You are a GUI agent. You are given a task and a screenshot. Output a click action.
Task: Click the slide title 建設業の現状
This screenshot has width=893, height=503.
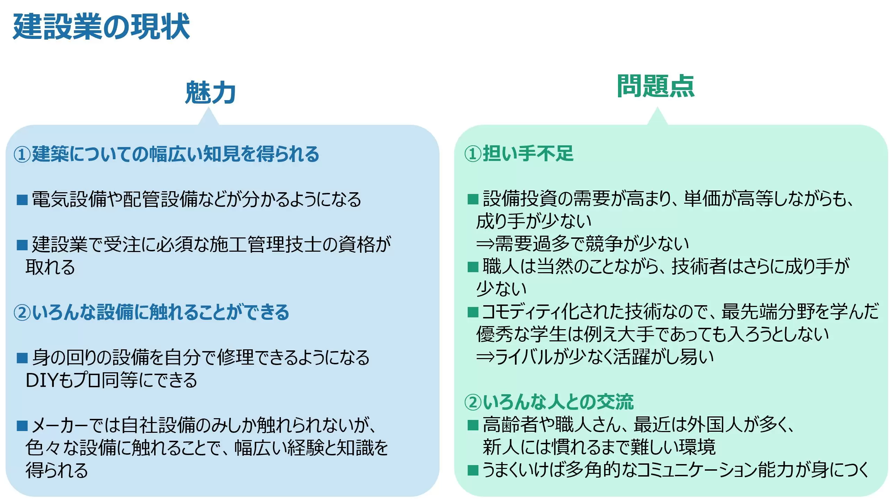coord(101,27)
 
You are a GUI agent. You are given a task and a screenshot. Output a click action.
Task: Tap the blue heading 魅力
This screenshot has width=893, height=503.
coord(210,92)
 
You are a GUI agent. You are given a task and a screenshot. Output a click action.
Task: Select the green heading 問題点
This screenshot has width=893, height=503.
coord(656,86)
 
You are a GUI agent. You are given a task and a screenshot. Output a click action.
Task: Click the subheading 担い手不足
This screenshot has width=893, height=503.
coord(528,153)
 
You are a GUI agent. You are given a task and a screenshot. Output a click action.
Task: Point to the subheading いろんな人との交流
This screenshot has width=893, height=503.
coord(558,402)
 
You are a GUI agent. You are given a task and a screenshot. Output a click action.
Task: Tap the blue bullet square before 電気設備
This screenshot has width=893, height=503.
coord(22,200)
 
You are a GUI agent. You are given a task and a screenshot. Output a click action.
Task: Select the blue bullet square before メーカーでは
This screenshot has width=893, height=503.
coord(22,425)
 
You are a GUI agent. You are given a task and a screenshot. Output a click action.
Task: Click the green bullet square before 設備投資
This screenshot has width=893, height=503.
coord(473,199)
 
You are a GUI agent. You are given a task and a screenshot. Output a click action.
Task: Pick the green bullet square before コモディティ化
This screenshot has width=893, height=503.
coord(473,312)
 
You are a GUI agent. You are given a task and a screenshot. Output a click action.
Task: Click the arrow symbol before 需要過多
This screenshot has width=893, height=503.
coord(485,244)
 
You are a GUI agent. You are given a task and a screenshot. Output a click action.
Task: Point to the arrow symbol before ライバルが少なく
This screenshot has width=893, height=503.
coord(485,357)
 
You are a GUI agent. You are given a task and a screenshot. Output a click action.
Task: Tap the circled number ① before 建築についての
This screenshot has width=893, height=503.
coord(22,154)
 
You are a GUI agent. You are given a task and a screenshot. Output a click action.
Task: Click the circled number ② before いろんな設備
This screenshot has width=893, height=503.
coord(22,312)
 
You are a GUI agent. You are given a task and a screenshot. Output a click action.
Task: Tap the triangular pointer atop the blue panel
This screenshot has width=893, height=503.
coord(208,116)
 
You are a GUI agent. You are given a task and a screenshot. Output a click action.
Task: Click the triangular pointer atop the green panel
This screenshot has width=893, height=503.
coord(657,116)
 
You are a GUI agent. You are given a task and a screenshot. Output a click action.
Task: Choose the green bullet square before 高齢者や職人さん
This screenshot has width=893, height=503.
coord(473,425)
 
